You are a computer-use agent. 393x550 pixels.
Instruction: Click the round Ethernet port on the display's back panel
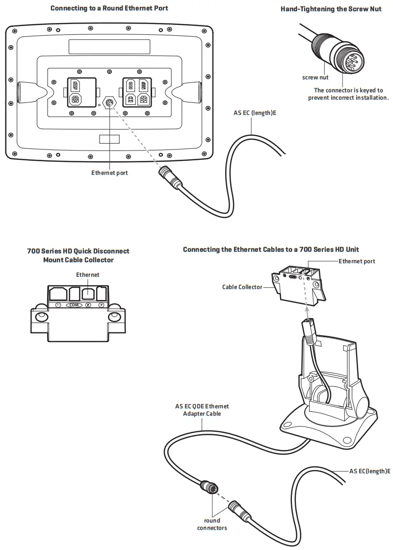pyautogui.click(x=108, y=103)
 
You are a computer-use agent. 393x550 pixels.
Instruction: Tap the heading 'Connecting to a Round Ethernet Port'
pyautogui.click(x=109, y=9)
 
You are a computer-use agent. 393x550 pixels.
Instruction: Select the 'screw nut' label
pyautogui.click(x=315, y=77)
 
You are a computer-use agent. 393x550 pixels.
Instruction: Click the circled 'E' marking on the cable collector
pyautogui.click(x=88, y=304)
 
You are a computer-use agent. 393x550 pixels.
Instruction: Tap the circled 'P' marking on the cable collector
pyautogui.click(x=102, y=304)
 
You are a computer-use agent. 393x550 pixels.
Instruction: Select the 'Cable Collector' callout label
pyautogui.click(x=242, y=287)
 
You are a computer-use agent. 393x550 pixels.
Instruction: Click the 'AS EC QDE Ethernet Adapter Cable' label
pyautogui.click(x=202, y=410)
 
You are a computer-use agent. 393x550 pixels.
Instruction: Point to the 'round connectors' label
pyautogui.click(x=212, y=524)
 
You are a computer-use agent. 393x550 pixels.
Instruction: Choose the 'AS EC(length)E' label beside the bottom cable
pyautogui.click(x=370, y=471)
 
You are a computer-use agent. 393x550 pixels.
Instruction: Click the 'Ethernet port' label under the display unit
pyautogui.click(x=109, y=173)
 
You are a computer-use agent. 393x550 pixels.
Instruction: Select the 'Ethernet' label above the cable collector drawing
pyautogui.click(x=87, y=275)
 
